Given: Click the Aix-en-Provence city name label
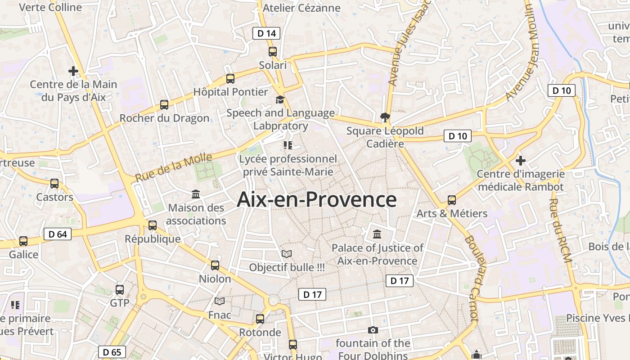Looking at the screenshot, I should [316, 200].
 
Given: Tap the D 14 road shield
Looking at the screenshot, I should [266, 33].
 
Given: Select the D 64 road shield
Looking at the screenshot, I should [58, 234].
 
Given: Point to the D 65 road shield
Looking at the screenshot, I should [112, 352].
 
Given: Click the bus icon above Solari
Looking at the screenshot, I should [273, 52].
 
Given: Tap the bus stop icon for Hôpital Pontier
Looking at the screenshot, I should [230, 79].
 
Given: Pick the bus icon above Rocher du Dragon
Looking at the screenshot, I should [164, 105].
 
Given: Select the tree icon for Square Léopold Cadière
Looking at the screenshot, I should [385, 118].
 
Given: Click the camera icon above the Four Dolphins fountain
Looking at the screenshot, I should [373, 330].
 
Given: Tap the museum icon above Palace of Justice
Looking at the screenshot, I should [377, 234].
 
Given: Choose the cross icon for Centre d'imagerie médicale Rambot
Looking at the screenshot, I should [521, 160].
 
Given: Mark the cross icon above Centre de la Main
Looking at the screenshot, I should [73, 71].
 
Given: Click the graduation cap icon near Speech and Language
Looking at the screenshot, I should [280, 99].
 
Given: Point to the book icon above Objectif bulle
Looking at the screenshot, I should [287, 254].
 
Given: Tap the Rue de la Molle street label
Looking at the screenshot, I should [174, 167].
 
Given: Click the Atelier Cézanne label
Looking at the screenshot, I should [301, 8].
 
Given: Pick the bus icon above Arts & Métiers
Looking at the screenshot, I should [452, 200].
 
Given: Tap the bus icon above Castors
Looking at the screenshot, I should [54, 184].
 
